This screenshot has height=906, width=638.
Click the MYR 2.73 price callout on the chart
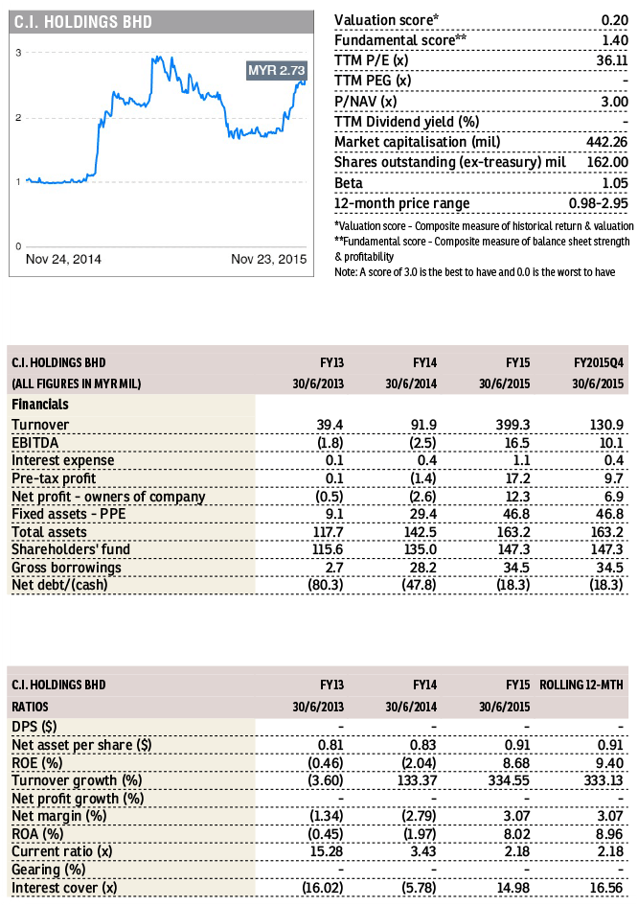(277, 71)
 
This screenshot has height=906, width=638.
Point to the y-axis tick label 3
(18, 53)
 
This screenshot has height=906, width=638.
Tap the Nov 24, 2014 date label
(63, 259)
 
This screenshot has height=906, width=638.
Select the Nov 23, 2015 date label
(268, 259)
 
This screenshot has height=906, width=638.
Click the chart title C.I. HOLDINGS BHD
(83, 22)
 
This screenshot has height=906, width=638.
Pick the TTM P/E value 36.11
(612, 60)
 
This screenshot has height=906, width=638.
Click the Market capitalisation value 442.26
(607, 142)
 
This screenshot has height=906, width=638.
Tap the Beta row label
(349, 183)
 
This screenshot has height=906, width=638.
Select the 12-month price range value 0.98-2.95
(598, 203)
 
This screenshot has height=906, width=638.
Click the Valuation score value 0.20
(614, 20)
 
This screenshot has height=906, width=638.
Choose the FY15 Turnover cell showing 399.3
(513, 425)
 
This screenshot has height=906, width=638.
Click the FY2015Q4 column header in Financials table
(599, 362)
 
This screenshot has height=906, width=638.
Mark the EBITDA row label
(34, 443)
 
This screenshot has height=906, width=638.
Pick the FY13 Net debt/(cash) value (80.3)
(326, 585)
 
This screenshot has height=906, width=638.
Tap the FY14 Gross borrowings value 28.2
(423, 568)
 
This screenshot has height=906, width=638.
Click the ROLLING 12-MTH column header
(581, 685)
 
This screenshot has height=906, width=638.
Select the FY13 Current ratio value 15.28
(327, 851)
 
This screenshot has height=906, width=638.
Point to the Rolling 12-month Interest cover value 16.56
(606, 888)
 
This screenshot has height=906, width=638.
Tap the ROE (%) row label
(37, 763)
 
